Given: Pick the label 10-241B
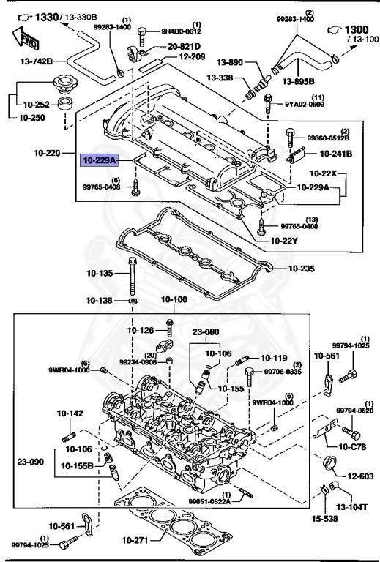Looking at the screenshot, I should pos(337,154).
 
